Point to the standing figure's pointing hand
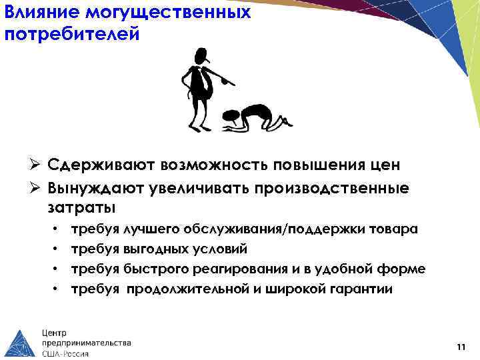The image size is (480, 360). tap(228, 83)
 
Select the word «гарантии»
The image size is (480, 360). tap(361, 289)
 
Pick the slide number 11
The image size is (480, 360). tap(461, 346)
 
